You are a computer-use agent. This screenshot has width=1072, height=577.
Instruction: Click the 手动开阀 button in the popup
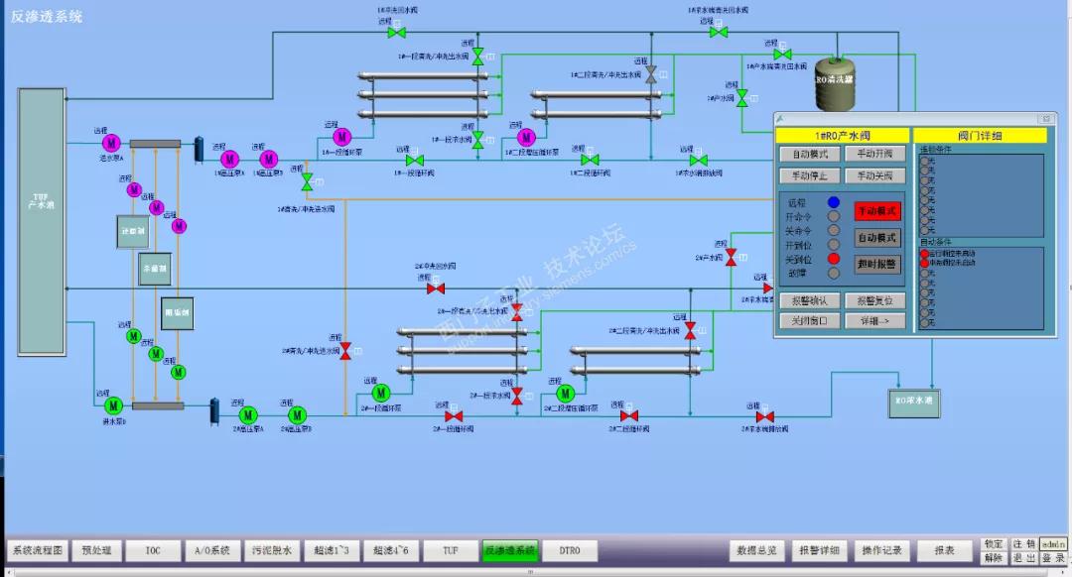click(x=875, y=154)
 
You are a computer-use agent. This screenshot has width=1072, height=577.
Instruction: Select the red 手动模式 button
click(x=876, y=210)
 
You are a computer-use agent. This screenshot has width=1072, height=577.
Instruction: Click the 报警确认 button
click(x=810, y=300)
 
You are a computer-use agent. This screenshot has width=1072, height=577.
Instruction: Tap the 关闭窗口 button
click(x=810, y=321)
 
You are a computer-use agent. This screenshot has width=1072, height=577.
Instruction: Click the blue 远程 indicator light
click(x=834, y=202)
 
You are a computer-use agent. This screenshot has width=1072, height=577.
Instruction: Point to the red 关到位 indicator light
click(x=834, y=259)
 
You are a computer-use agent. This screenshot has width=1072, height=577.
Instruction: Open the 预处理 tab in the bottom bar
click(x=96, y=550)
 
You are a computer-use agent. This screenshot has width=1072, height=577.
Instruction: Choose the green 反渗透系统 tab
click(x=510, y=550)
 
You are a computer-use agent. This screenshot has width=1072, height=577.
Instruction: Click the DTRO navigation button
click(x=569, y=550)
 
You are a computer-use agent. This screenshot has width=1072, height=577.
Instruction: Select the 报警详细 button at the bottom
click(x=819, y=550)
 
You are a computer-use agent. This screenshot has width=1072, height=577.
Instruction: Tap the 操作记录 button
click(x=880, y=550)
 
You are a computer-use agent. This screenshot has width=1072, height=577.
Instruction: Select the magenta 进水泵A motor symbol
click(x=110, y=144)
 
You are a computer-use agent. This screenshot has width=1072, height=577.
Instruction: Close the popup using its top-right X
click(x=1044, y=119)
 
